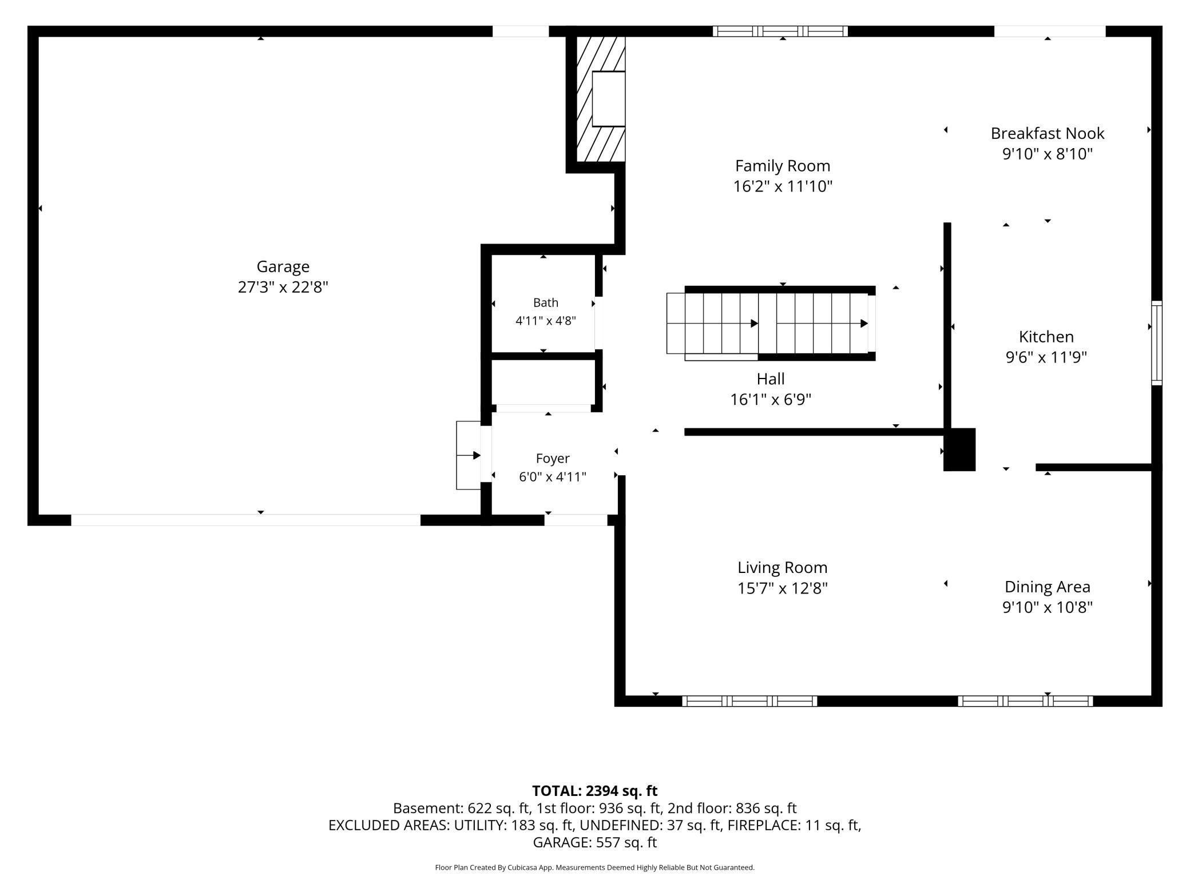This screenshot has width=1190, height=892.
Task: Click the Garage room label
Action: (x=283, y=266)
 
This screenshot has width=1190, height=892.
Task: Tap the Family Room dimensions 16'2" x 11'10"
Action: (x=783, y=186)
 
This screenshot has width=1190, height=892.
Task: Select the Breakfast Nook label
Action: (x=1048, y=133)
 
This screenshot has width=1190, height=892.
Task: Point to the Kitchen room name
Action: (x=1046, y=336)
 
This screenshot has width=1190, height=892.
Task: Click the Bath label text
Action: (x=546, y=302)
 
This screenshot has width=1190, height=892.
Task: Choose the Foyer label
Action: (x=553, y=459)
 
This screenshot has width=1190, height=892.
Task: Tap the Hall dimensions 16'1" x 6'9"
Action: (x=771, y=399)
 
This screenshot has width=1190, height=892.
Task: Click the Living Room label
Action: (x=783, y=567)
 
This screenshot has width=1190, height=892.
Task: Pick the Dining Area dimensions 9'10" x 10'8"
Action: (x=1048, y=607)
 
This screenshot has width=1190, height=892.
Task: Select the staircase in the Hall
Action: (x=771, y=324)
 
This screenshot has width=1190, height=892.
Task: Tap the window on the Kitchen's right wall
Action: (x=1156, y=343)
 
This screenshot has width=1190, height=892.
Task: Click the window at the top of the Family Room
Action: (x=780, y=31)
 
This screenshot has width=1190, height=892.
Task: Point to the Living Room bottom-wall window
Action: (x=749, y=701)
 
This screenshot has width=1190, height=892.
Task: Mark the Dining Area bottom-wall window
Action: (x=1025, y=701)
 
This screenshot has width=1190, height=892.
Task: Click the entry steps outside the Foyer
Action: (x=468, y=455)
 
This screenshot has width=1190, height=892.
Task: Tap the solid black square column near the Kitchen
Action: (x=959, y=449)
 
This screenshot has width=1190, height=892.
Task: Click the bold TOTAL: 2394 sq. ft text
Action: (x=595, y=791)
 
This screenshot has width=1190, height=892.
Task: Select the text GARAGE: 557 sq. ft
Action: (x=595, y=842)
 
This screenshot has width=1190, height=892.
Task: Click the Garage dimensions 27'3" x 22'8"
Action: (x=283, y=287)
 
